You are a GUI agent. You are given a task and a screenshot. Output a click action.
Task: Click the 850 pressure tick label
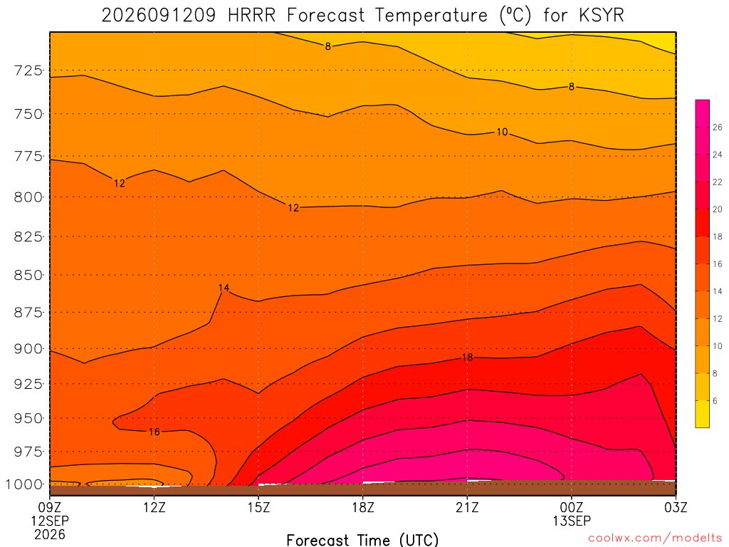(x=28, y=275)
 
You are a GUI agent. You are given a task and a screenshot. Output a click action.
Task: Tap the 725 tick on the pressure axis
(x=28, y=71)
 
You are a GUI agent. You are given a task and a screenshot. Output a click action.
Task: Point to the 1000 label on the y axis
(x=23, y=484)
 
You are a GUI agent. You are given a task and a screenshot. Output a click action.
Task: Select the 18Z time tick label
(x=363, y=507)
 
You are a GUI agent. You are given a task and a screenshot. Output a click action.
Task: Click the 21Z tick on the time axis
(x=467, y=507)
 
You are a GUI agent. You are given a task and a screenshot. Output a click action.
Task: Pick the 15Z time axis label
(x=258, y=507)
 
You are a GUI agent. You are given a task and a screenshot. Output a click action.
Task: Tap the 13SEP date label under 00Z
(x=572, y=521)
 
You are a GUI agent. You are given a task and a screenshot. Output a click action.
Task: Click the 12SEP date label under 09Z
(x=50, y=521)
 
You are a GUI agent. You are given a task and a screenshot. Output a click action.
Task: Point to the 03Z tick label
(x=676, y=507)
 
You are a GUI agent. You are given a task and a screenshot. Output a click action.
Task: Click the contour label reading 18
(x=467, y=358)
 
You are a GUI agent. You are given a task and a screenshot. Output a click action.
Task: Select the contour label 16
(x=154, y=432)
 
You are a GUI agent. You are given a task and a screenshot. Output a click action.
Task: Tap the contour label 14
(x=224, y=288)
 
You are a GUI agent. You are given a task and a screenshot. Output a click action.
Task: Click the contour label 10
(x=502, y=132)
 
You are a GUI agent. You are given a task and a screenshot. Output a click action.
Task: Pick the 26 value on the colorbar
(x=718, y=127)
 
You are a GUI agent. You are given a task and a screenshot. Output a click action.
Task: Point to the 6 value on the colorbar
(x=715, y=400)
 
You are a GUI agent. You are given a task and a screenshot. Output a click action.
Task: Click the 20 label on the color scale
(x=718, y=209)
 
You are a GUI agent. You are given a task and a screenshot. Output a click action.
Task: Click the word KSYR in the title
(x=602, y=16)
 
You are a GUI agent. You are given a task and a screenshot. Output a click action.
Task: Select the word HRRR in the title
(x=251, y=16)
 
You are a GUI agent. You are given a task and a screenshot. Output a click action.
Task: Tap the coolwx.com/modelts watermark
(x=655, y=538)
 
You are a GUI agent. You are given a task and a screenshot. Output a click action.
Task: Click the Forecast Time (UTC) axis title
(x=362, y=540)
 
